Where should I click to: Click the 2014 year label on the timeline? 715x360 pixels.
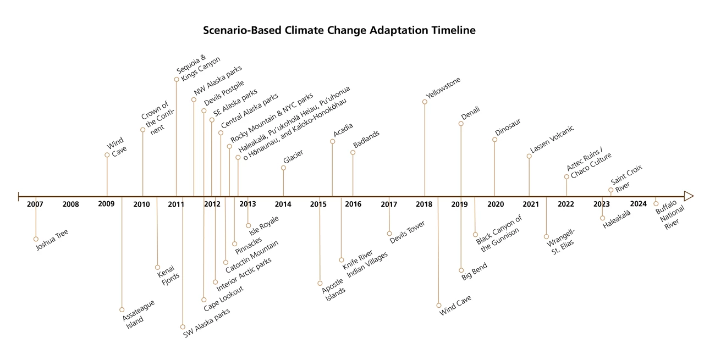click(x=283, y=204)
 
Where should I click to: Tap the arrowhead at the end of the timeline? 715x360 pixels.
click(x=689, y=196)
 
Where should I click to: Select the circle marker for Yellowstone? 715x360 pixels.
click(x=425, y=102)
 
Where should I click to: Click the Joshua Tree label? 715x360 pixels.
click(x=52, y=240)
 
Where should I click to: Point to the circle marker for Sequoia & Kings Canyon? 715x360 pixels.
click(x=177, y=79)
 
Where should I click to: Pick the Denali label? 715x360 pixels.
click(x=470, y=113)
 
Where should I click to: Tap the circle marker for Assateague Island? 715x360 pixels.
click(x=122, y=309)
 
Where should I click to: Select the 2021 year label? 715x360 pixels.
click(x=531, y=204)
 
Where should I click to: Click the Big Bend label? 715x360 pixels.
click(x=475, y=272)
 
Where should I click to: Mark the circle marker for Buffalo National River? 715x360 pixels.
click(x=656, y=204)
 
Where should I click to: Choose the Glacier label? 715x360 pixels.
click(x=293, y=157)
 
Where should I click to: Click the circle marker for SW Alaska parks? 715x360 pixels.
click(x=183, y=327)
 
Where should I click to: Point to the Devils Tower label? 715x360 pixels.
click(x=408, y=232)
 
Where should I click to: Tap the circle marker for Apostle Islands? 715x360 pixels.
click(x=320, y=283)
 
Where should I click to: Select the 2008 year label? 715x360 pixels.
click(x=70, y=204)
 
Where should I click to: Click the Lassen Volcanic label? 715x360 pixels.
click(x=552, y=139)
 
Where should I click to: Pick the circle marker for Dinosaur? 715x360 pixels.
click(x=495, y=140)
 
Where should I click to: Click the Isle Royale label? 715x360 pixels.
click(x=264, y=226)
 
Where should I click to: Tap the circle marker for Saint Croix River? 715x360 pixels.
click(x=611, y=190)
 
